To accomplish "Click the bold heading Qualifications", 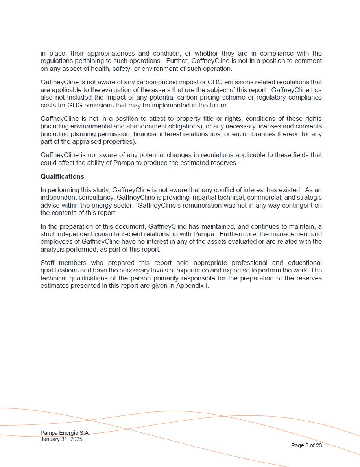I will pos(62,176).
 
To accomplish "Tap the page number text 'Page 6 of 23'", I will pos(306,445).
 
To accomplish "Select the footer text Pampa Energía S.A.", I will pos(65,433).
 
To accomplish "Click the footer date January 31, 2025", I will pos(61,439).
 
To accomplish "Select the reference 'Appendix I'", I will pos(192,286).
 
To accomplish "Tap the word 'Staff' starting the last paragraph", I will pos(48,263).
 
